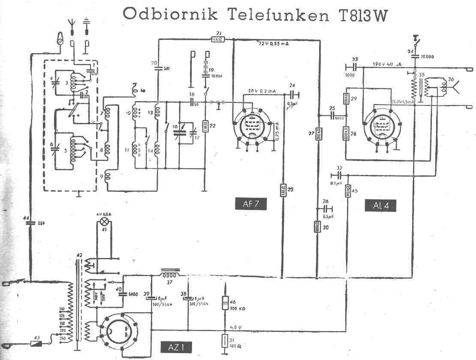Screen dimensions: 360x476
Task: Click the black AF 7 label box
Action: [251, 204]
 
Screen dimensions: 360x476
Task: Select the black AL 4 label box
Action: [380, 206]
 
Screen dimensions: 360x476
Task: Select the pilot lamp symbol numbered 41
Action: [103, 222]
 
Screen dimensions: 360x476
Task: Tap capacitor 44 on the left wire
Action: [30, 222]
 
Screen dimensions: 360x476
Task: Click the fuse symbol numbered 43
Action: [36, 342]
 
